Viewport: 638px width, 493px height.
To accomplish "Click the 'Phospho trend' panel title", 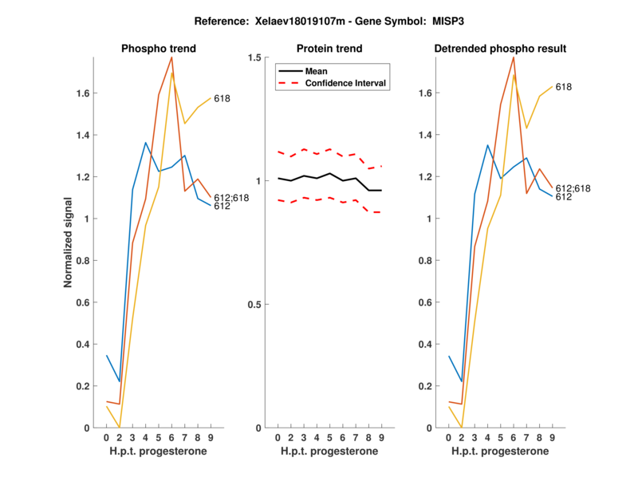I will [158, 49].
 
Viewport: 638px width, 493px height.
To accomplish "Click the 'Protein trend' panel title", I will [329, 49].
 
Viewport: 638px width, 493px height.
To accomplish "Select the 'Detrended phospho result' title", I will [500, 49].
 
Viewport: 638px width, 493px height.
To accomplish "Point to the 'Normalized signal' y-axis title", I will [70, 243].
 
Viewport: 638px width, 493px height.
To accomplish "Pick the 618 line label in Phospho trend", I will [223, 99].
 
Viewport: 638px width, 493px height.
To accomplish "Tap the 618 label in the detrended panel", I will [564, 87].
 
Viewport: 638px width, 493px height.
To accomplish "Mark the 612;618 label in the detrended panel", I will [572, 187].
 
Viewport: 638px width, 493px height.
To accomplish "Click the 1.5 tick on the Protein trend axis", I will [254, 57].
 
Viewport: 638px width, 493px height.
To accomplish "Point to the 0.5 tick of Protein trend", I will [254, 305].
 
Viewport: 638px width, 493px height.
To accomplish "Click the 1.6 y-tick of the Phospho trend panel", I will [83, 93].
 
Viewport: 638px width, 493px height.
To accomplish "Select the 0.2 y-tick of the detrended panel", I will [425, 386].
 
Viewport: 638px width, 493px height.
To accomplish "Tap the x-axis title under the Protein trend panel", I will [329, 452].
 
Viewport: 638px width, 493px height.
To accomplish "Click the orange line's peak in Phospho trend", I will [171, 57].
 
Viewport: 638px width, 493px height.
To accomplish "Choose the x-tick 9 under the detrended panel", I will [552, 438].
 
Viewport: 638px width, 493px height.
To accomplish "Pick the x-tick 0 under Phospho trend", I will [106, 438].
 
